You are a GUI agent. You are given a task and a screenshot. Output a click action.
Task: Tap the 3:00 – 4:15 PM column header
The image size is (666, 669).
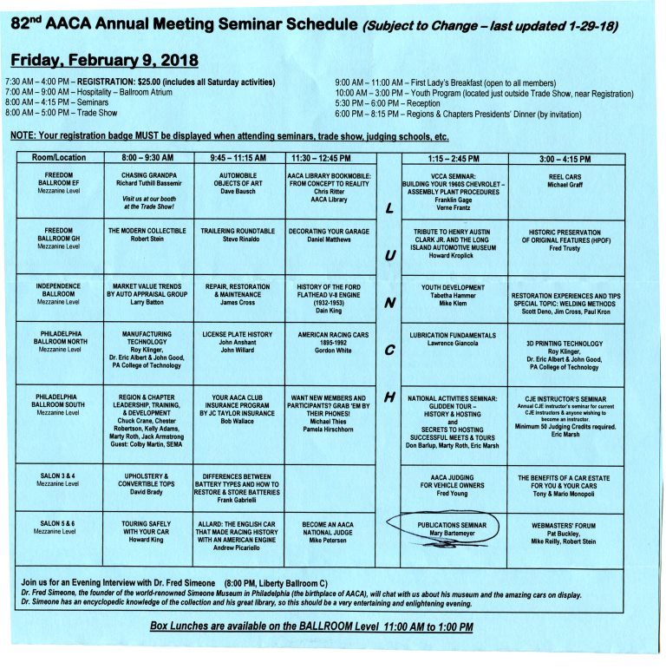pos(565,159)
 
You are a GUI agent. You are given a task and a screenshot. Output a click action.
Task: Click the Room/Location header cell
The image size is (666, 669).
pos(59,159)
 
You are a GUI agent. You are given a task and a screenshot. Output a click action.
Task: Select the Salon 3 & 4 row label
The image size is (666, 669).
pos(59,481)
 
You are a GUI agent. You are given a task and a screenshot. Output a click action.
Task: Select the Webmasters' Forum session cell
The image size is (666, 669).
pos(564,533)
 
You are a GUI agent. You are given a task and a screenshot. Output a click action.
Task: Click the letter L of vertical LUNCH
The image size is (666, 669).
pos(389,208)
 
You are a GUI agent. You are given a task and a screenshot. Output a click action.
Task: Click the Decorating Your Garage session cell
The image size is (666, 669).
pos(331,236)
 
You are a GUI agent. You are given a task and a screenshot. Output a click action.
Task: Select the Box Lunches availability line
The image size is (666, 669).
pos(311,626)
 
